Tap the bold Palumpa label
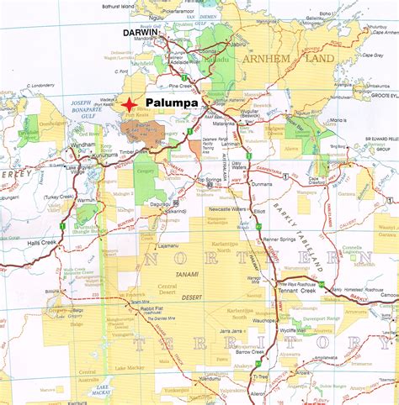click(173, 103)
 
